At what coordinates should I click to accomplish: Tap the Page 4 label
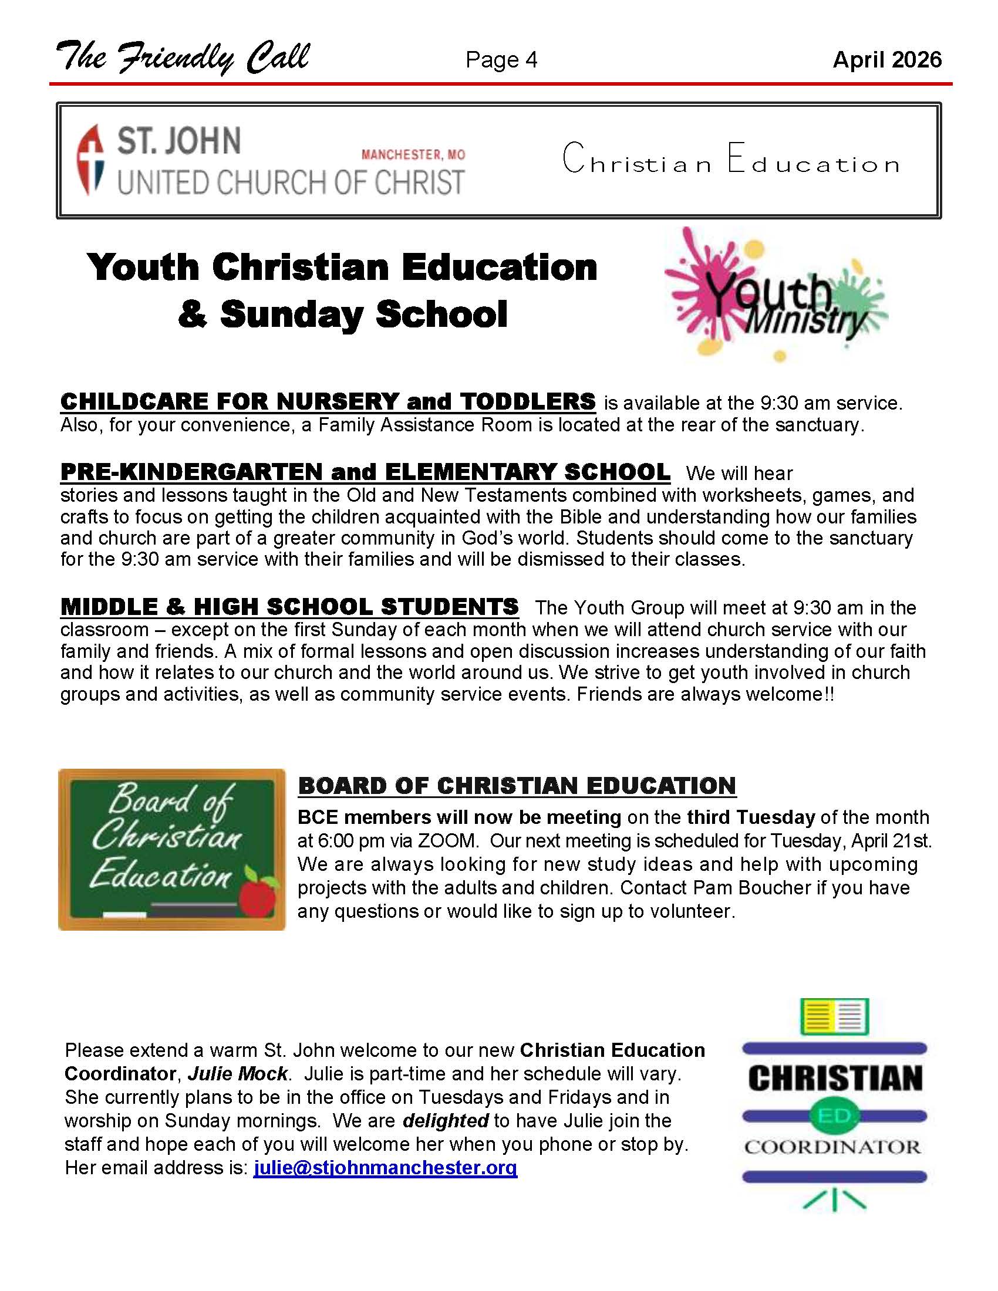pyautogui.click(x=501, y=60)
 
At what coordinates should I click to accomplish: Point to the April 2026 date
pyautogui.click(x=886, y=60)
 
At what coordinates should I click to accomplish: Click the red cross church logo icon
pyautogui.click(x=90, y=158)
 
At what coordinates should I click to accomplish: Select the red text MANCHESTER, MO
pyautogui.click(x=413, y=155)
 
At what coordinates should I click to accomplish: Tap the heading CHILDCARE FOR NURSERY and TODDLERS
pyautogui.click(x=328, y=402)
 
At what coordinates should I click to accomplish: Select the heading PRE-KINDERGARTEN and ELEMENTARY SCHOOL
pyautogui.click(x=365, y=472)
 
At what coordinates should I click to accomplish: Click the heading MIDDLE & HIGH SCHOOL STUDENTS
pyautogui.click(x=289, y=607)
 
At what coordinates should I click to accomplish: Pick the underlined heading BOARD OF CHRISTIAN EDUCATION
pyautogui.click(x=517, y=786)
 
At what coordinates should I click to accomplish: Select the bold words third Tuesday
pyautogui.click(x=751, y=817)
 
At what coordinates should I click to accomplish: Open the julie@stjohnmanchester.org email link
pyautogui.click(x=385, y=1168)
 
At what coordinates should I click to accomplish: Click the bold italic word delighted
pyautogui.click(x=445, y=1121)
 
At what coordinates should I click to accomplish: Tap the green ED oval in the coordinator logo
pyautogui.click(x=834, y=1116)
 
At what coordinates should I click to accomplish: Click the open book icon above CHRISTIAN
pyautogui.click(x=834, y=1017)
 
